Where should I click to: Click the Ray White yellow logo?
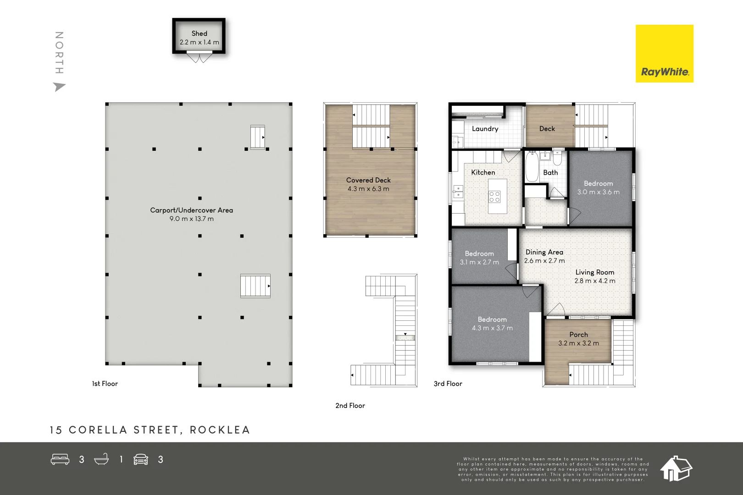tap(665, 53)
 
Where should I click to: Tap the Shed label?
tap(200, 33)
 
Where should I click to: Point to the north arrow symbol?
tap(59, 87)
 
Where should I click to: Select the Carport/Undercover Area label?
tap(191, 210)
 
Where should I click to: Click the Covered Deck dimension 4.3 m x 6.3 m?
tap(368, 189)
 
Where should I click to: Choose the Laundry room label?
tap(485, 129)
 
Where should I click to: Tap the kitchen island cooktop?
tap(494, 197)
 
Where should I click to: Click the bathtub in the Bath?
tap(532, 166)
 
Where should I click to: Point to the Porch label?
tap(578, 335)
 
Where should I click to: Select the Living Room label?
tap(595, 272)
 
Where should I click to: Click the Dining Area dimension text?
tap(544, 261)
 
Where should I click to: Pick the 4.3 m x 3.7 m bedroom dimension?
tap(492, 328)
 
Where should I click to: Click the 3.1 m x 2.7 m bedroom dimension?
tap(479, 262)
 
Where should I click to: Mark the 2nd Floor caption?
tap(350, 406)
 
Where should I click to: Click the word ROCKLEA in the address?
tap(220, 429)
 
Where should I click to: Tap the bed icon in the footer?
tap(60, 459)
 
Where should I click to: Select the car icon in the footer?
tap(141, 459)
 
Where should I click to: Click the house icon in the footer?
tap(676, 468)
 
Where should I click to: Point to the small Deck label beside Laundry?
tap(547, 129)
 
